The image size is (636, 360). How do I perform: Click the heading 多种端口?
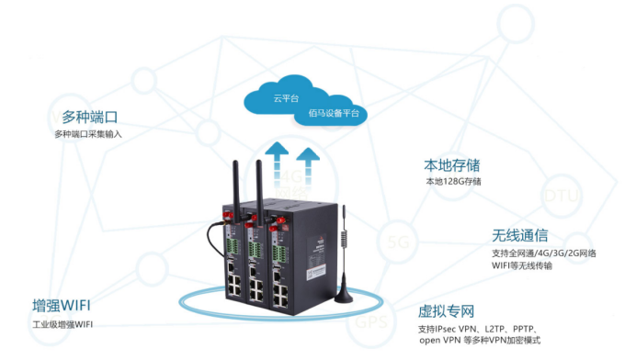point(89,118)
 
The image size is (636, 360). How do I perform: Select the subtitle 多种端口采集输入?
point(88,134)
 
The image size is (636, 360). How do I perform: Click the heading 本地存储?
point(451,165)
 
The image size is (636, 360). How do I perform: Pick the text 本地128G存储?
point(453,182)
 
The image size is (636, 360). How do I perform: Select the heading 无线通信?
point(520,235)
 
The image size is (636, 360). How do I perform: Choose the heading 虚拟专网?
point(447,311)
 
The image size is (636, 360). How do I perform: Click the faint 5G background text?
point(399,242)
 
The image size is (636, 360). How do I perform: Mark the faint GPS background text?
point(370,322)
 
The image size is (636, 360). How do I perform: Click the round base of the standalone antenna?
point(344,296)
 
